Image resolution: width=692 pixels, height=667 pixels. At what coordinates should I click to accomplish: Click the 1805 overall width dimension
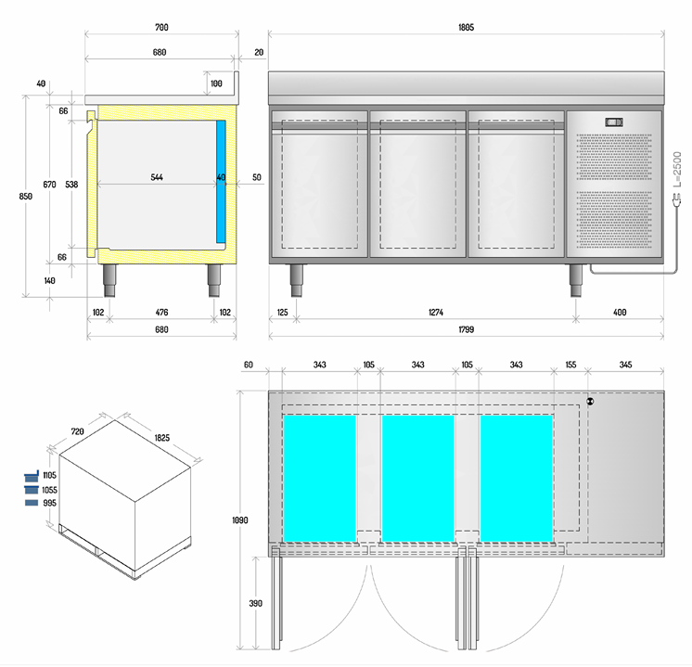[466, 28]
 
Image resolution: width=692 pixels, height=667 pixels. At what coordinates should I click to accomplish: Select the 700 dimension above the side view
[160, 28]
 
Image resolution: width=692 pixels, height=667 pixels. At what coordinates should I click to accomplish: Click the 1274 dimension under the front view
[436, 313]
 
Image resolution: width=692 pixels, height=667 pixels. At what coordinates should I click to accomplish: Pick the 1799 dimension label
[466, 329]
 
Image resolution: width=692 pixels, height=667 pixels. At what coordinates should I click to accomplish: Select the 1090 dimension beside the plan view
[239, 520]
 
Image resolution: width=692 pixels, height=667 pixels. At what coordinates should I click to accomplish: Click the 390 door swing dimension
[255, 603]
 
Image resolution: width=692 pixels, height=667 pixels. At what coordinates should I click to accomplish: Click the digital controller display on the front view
[615, 122]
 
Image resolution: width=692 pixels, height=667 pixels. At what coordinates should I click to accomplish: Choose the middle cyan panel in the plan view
[417, 477]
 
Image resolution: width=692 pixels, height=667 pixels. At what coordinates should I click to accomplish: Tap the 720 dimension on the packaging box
[77, 432]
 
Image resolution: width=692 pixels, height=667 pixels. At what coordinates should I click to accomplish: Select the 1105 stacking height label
[50, 475]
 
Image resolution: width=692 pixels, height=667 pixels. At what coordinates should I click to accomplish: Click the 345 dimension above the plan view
[626, 366]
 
